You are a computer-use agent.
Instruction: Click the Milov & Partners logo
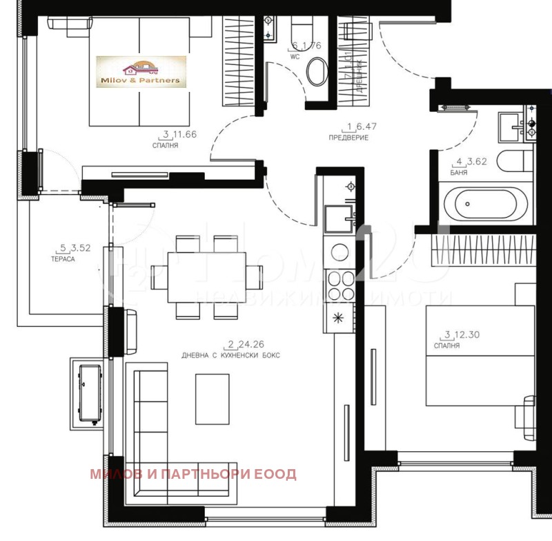pyautogui.click(x=141, y=72)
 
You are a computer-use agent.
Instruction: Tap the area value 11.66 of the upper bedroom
pyautogui.click(x=184, y=134)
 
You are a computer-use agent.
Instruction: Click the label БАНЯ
pyautogui.click(x=459, y=173)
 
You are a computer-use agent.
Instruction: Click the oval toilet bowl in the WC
pyautogui.click(x=317, y=72)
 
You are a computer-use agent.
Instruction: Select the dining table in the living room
pyautogui.click(x=206, y=277)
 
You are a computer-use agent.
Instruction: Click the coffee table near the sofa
pyautogui.click(x=213, y=399)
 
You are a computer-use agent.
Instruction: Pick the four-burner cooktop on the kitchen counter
pyautogui.click(x=339, y=282)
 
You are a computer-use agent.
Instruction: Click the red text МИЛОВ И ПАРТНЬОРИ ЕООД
pyautogui.click(x=193, y=474)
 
